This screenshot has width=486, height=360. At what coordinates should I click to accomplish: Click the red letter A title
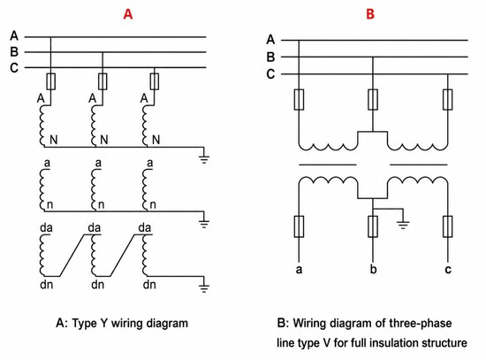[x=128, y=14]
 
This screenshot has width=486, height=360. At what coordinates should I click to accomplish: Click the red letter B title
[x=370, y=14]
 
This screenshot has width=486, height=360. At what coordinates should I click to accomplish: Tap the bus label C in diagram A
[x=14, y=67]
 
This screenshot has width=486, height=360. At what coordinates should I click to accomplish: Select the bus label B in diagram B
[x=270, y=57]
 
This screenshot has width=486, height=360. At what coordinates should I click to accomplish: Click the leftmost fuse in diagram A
[x=51, y=81]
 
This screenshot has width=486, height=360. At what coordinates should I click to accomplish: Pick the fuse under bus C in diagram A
[x=155, y=81]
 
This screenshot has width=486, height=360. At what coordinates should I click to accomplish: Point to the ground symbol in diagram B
[x=403, y=222]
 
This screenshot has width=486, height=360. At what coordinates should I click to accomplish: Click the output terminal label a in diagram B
[x=299, y=270]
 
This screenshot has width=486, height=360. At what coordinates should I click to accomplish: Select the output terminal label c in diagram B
[x=448, y=270]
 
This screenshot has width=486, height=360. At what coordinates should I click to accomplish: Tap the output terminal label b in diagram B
[x=373, y=269]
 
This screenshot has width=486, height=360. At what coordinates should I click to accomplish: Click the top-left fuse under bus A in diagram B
[x=299, y=99]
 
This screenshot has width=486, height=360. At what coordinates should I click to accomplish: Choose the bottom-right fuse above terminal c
[x=448, y=226]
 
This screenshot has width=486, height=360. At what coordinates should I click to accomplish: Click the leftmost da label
[x=47, y=228]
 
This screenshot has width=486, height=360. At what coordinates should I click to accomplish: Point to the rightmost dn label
[x=149, y=285]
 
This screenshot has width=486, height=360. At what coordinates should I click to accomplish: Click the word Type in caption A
[x=85, y=324]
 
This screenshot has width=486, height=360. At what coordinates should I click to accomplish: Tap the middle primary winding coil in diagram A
[x=93, y=126]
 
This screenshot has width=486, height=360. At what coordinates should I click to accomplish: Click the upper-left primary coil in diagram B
[x=328, y=147]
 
